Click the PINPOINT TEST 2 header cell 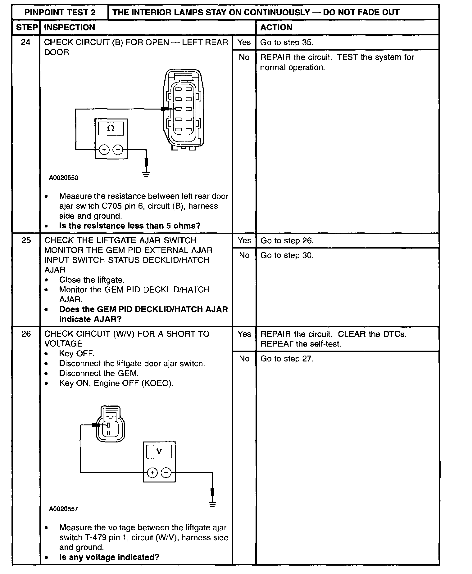pos(60,12)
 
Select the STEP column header pos(26,27)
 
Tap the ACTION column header pos(276,27)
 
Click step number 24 pos(26,42)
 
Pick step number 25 pos(26,240)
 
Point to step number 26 pos(26,334)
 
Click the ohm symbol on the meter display pos(111,128)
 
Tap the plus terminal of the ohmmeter pos(104,150)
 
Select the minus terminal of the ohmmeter pos(118,150)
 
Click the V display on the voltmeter pos(159,451)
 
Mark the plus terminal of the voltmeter pos(152,473)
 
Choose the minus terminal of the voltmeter pos(166,473)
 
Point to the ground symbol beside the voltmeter pos(212,504)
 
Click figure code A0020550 pos(64,178)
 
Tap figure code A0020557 pos(64,509)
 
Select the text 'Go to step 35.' pos(287,43)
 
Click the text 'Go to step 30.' pos(287,255)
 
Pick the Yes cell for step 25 pos(244,240)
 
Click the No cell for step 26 pos(244,359)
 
